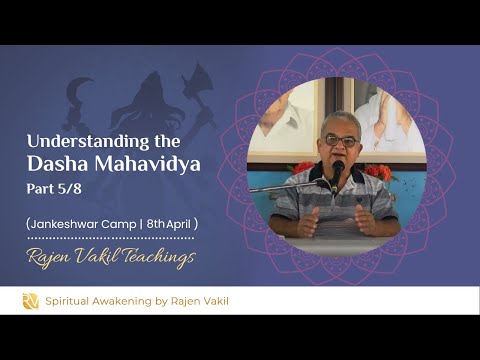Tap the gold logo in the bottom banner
coord(30,300)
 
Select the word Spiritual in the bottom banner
coord(72,300)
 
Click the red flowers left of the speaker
coord(301,167)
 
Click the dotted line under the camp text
coord(110,238)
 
